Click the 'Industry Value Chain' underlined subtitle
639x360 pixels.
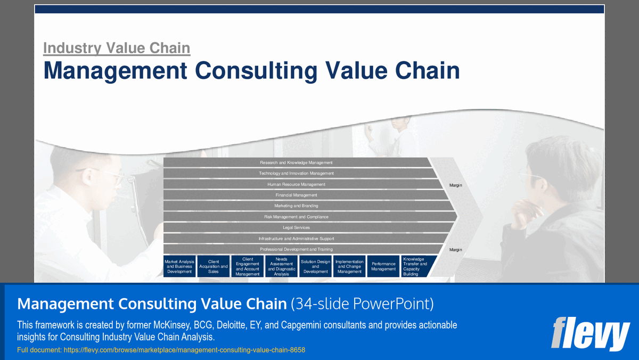tap(116, 48)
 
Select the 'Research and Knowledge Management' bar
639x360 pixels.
tap(296, 162)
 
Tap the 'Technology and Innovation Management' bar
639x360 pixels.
tap(296, 173)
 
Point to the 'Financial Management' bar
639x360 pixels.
tap(296, 195)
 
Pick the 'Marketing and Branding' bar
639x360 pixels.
tap(296, 206)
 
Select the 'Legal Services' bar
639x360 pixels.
tap(296, 227)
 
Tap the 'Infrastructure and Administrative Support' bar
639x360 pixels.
tap(296, 239)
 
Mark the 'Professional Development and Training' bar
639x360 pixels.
tap(296, 249)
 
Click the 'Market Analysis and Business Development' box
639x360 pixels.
tap(179, 266)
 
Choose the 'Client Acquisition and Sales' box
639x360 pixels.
tap(214, 266)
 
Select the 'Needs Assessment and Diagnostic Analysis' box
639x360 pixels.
tap(281, 266)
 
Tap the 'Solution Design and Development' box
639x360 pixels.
tap(315, 266)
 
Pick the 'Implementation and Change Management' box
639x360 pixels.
tap(349, 266)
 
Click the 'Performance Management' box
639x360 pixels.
tap(383, 266)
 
